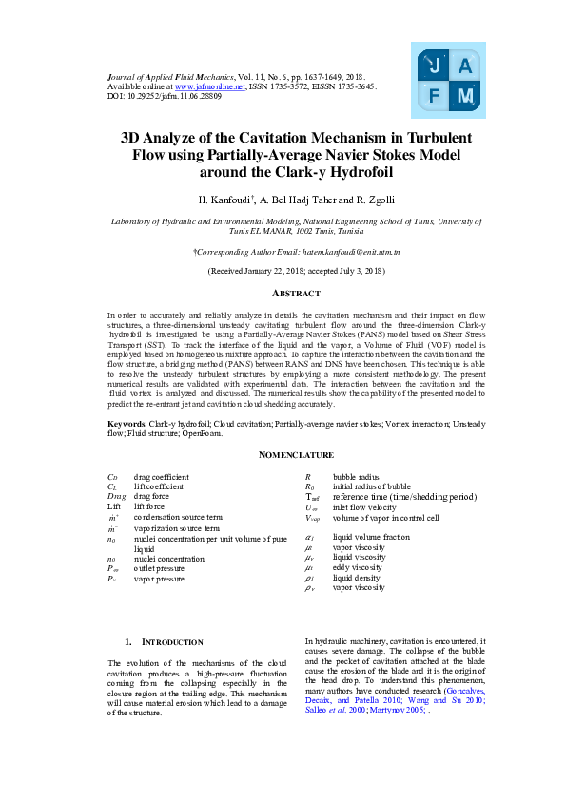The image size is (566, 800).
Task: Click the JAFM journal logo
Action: click(x=448, y=81)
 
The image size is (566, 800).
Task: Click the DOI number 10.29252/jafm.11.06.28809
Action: click(x=173, y=96)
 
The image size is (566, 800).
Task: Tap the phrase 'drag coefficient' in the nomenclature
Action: click(x=162, y=476)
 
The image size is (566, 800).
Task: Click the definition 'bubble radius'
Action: click(x=357, y=476)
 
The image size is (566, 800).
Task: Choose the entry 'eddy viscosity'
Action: click(x=359, y=566)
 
